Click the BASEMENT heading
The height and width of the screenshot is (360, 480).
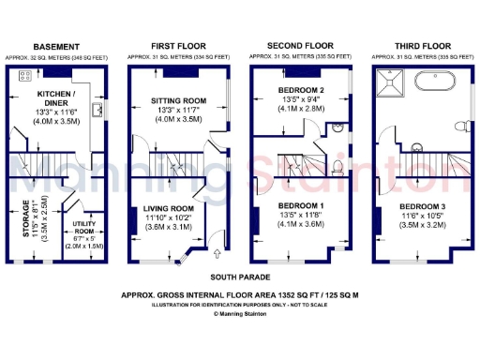[56, 45]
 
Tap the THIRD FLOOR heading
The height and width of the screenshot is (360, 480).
[419, 45]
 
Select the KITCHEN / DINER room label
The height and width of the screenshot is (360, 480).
[58, 98]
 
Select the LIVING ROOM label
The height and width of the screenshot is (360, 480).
[170, 208]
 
